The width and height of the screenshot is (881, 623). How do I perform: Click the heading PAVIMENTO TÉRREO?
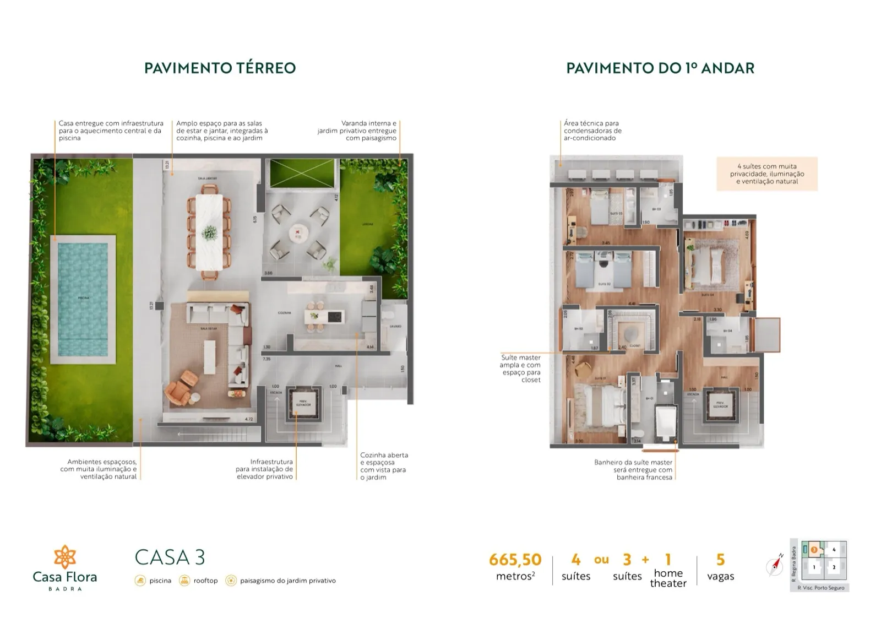[x=220, y=68]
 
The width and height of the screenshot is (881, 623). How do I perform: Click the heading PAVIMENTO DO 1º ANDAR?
[x=660, y=68]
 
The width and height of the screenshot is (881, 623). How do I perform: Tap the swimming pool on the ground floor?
[x=84, y=299]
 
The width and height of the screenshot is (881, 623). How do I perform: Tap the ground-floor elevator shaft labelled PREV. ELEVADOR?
[x=303, y=404]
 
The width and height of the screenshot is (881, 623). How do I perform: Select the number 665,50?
[x=515, y=560]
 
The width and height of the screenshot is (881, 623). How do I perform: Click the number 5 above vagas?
[x=720, y=560]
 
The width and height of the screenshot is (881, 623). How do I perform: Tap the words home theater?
[x=668, y=578]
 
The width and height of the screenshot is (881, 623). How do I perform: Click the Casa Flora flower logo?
[x=65, y=556]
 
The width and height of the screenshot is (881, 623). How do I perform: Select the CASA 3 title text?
[x=170, y=557]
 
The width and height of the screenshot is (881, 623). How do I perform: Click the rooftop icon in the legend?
[x=184, y=581]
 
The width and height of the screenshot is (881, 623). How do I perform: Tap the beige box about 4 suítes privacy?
[x=766, y=174]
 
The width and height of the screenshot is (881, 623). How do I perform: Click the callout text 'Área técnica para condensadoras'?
[x=592, y=131]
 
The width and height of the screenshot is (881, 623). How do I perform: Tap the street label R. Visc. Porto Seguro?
[x=820, y=588]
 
